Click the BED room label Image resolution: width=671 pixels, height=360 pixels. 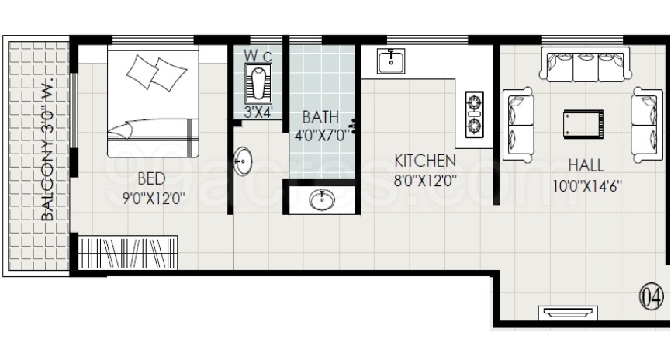coord(151,178)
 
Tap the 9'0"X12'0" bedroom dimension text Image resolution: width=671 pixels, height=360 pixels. coord(154,199)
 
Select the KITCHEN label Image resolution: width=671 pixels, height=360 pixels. coord(424,161)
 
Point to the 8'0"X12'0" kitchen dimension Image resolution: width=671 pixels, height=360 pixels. coord(425,180)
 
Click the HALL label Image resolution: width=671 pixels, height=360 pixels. coord(586,165)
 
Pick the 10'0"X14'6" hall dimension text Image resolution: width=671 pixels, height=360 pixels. coord(587,186)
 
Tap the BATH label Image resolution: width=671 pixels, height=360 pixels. coord(320,117)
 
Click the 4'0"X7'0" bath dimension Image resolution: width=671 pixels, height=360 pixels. coord(321,135)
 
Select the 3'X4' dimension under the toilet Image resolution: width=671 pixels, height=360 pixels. coord(258,112)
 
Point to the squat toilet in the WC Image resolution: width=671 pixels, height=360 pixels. coord(258,83)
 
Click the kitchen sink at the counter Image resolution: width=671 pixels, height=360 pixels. coord(391,61)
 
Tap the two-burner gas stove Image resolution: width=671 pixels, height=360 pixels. coord(474,114)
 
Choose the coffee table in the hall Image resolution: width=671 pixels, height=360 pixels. coord(583,123)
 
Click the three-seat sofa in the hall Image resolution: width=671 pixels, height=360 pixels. coord(586,64)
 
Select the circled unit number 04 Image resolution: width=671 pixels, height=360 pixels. coord(652,296)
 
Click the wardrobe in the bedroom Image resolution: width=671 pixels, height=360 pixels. coord(127,253)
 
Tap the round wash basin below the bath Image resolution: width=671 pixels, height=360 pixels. coord(322,199)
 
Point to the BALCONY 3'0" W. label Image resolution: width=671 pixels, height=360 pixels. coord(47,150)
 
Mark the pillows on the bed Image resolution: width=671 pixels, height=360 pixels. coord(157,72)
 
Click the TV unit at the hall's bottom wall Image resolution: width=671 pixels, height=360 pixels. coord(568,312)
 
